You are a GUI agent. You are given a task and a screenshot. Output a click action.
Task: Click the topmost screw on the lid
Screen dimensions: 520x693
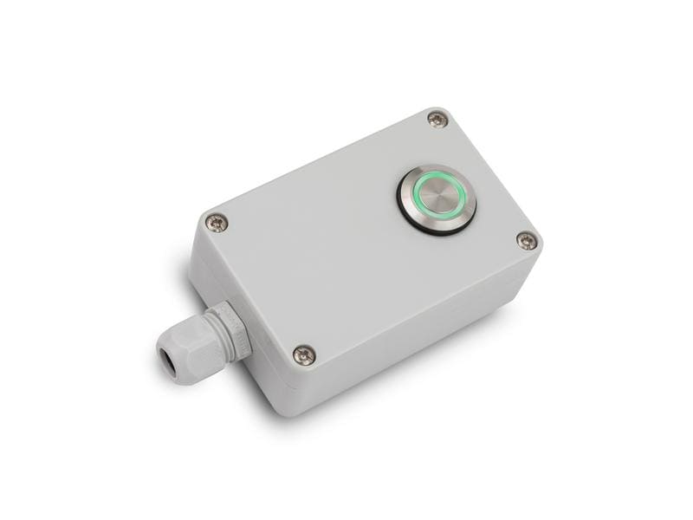click(x=437, y=120)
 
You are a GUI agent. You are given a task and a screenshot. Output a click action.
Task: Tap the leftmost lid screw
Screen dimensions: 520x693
click(x=217, y=223)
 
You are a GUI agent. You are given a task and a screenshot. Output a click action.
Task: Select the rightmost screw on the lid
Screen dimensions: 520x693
click(x=526, y=240)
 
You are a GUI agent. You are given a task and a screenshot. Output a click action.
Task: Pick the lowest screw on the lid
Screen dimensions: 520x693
click(x=304, y=354)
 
